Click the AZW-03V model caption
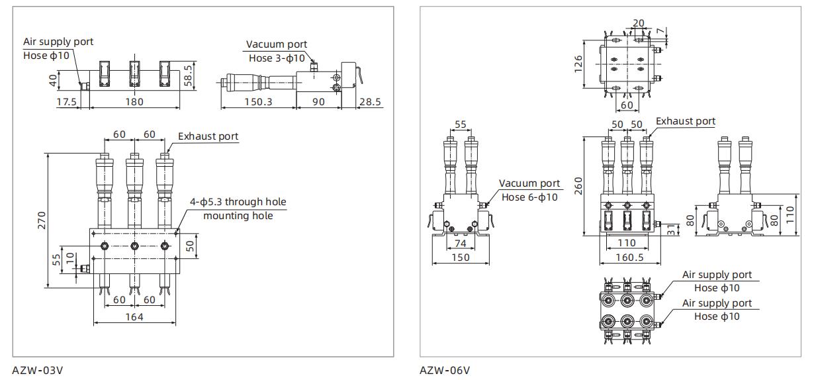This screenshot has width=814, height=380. click(38, 369)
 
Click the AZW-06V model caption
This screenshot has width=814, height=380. click(445, 369)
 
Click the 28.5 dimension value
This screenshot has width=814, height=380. click(369, 102)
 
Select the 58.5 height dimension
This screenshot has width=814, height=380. click(189, 74)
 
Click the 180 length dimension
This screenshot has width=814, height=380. click(134, 102)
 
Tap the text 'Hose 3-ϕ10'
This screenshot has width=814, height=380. click(277, 58)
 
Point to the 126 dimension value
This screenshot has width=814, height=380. click(578, 63)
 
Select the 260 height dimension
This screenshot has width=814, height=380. click(578, 185)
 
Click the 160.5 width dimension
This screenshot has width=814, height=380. click(625, 257)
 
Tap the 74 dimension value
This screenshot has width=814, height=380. click(461, 244)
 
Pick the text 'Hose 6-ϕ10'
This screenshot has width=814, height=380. click(529, 197)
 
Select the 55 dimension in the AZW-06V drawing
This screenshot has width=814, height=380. click(461, 124)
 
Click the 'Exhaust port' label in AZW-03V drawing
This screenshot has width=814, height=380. click(208, 136)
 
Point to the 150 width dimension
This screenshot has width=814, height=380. click(460, 257)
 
